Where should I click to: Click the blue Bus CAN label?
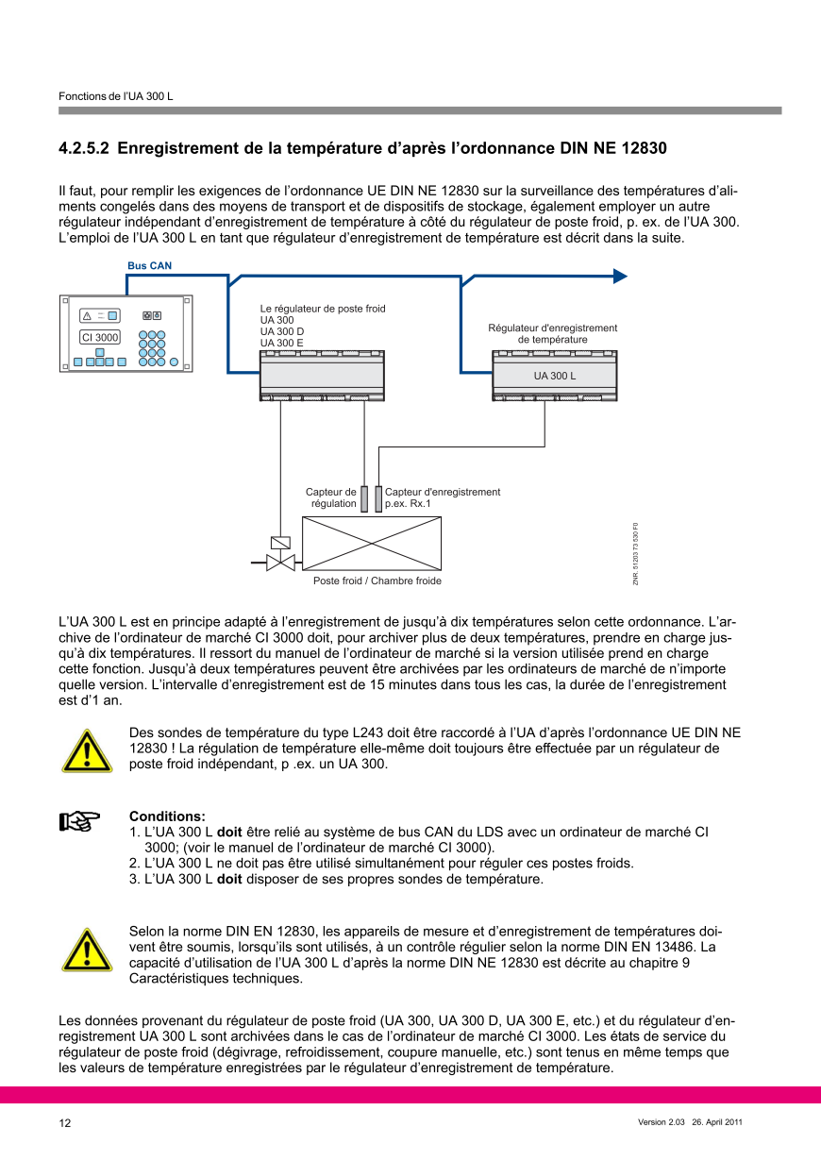(x=149, y=266)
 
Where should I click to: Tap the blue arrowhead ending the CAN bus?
(x=620, y=276)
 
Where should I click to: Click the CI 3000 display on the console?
(x=100, y=337)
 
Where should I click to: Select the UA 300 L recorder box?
(x=554, y=375)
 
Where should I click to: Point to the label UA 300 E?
(x=281, y=343)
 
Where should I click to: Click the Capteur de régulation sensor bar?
(x=364, y=498)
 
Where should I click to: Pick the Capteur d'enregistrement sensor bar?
(x=378, y=498)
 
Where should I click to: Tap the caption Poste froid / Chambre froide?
(x=377, y=580)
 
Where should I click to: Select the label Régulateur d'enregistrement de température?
(x=552, y=333)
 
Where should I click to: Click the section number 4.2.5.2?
(x=84, y=148)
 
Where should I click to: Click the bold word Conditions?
(x=167, y=816)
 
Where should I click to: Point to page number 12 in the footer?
(x=65, y=1123)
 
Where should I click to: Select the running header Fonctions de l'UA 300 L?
(x=116, y=97)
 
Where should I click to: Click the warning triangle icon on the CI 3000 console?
(x=86, y=316)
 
